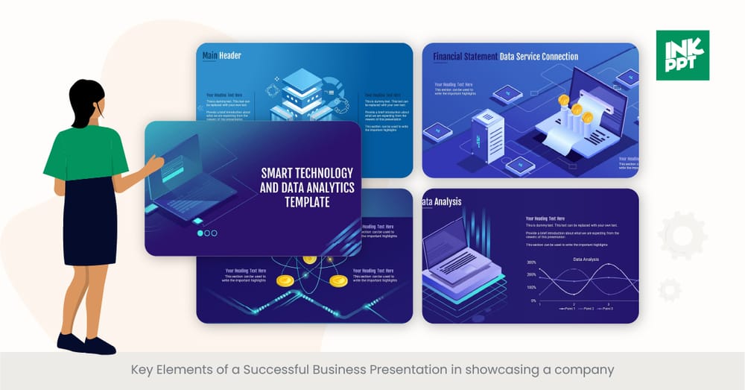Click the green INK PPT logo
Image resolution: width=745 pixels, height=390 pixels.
pos(682,55)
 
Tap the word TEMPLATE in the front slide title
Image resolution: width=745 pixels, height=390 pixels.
pos(307,201)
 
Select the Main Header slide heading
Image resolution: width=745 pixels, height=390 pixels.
pos(222,56)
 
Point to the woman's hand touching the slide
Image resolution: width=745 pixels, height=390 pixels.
pos(154,163)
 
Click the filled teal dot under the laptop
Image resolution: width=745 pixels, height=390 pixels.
pos(200,233)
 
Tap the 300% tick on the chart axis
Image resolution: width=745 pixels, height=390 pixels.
pos(531,262)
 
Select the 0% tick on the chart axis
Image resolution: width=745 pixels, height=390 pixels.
pos(533,301)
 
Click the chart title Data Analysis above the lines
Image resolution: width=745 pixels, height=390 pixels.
pos(586,259)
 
